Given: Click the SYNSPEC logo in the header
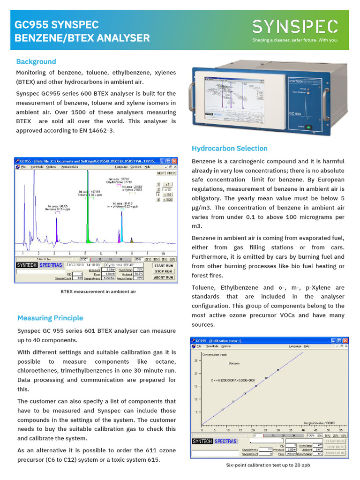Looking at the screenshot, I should (295, 27).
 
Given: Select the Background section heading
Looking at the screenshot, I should (36, 61).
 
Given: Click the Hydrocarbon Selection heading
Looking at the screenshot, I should (229, 149).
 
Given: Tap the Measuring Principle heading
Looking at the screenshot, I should (50, 318).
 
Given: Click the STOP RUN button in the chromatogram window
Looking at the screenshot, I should (163, 271).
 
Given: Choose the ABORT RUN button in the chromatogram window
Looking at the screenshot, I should (163, 277).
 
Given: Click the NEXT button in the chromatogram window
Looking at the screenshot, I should (160, 173).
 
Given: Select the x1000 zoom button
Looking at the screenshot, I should (168, 199).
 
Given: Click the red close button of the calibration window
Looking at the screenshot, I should (345, 340).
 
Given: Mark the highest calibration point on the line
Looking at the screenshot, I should (278, 370).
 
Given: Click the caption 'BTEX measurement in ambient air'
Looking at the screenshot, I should (98, 292).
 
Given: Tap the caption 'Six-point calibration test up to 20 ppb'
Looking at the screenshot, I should (268, 465).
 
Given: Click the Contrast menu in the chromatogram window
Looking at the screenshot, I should (135, 166).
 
